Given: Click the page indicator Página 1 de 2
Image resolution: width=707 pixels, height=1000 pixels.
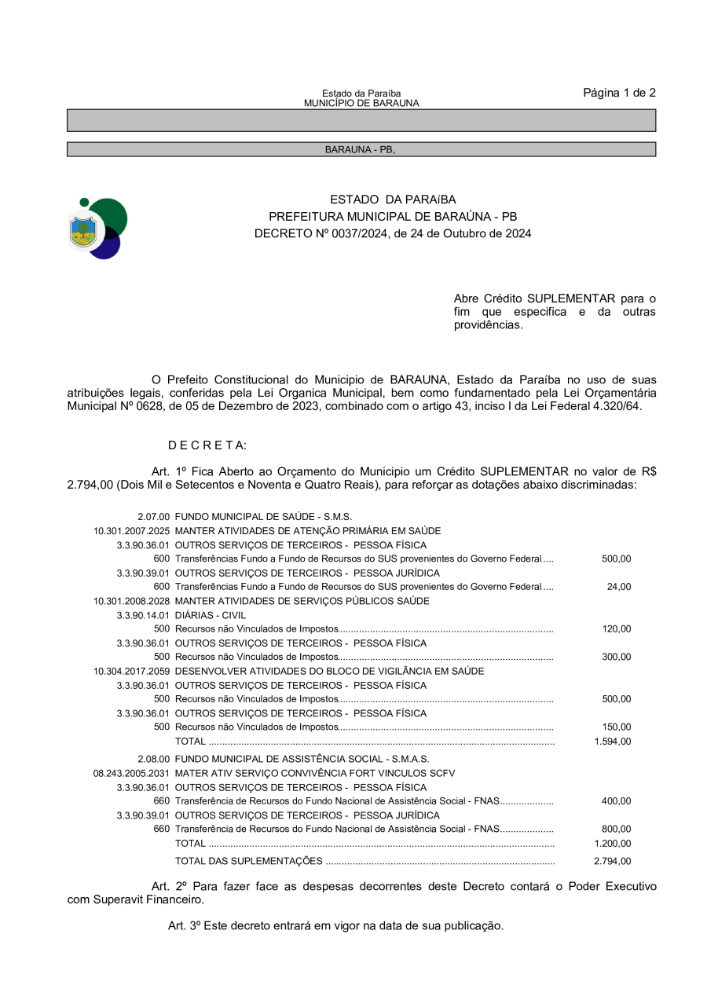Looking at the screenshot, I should [x=619, y=93].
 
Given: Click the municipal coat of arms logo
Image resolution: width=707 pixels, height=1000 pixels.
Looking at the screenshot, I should [x=97, y=229].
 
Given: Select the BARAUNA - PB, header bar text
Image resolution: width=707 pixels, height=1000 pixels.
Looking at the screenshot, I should [x=360, y=149].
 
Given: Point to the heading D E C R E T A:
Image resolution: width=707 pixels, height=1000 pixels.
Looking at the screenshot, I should [x=207, y=445].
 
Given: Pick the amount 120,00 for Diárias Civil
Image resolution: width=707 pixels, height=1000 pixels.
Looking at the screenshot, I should [x=616, y=629].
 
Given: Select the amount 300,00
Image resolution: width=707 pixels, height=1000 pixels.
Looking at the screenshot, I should [x=616, y=658].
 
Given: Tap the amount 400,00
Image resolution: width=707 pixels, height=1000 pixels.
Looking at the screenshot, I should [x=616, y=801].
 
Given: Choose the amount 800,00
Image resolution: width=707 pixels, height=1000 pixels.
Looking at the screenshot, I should [x=616, y=830].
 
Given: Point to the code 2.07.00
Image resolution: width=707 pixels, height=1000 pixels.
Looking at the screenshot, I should [x=153, y=517].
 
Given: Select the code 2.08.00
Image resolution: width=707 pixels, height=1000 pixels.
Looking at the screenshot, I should [x=153, y=760].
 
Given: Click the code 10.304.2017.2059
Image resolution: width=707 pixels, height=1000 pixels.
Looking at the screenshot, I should [x=131, y=672].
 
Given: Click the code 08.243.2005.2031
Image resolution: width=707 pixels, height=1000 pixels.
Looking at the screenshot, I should [x=131, y=774].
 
